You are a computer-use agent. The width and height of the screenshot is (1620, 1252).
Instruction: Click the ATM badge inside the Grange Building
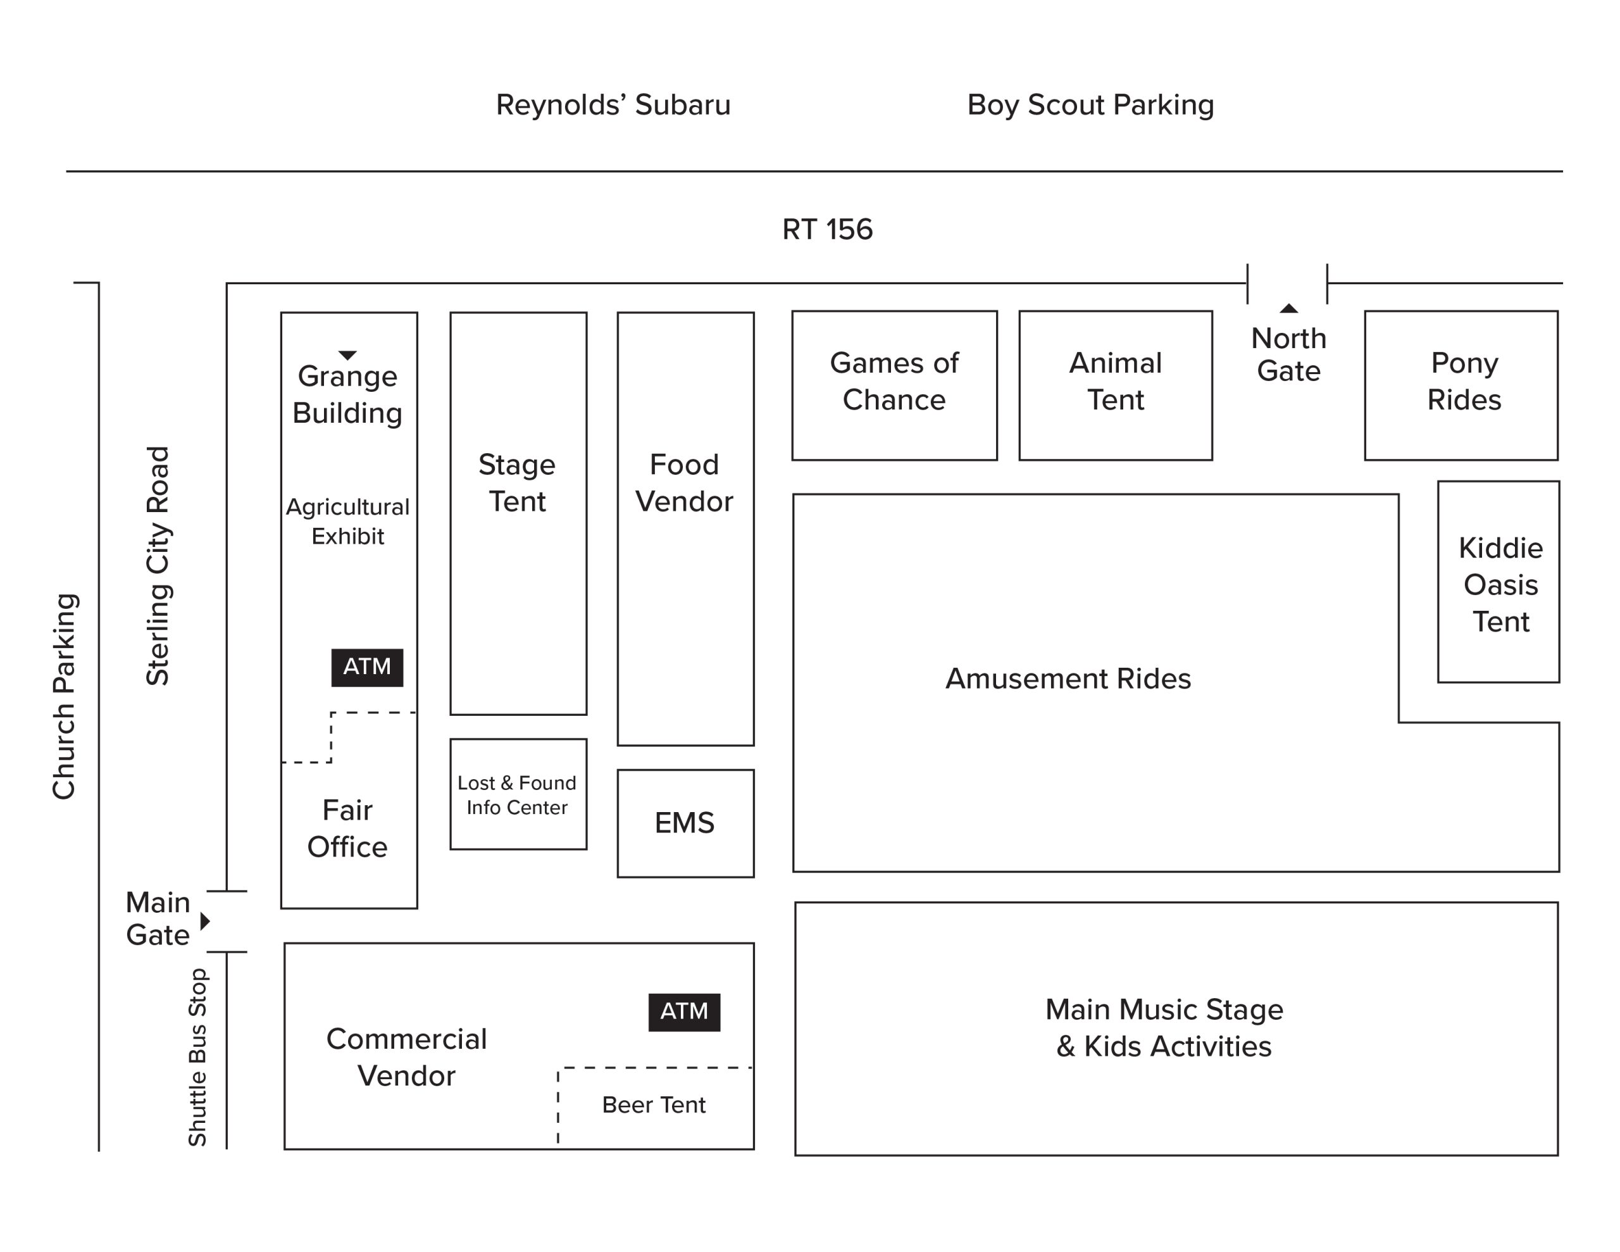(367, 667)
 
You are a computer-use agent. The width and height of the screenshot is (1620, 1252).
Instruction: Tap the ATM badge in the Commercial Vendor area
(684, 1012)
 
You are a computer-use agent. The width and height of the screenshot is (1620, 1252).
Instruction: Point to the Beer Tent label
(654, 1105)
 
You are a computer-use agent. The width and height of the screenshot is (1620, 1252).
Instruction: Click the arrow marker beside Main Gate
(206, 921)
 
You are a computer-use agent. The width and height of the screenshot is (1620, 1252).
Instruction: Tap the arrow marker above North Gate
(1288, 308)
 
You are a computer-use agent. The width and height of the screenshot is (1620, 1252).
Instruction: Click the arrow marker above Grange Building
(347, 354)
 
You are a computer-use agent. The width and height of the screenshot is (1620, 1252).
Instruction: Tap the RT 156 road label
(827, 229)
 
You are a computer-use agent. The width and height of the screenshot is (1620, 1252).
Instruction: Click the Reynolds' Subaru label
(613, 104)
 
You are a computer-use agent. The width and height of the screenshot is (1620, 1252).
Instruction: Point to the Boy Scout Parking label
(1090, 105)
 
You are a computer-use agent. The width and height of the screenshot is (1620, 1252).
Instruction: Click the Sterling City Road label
(158, 565)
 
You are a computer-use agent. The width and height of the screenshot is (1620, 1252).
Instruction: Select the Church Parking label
(65, 696)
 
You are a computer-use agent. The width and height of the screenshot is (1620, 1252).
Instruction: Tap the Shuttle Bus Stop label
(197, 1058)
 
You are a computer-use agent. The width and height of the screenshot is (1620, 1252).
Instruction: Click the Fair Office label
(347, 829)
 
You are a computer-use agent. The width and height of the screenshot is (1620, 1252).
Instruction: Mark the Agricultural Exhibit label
(348, 521)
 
